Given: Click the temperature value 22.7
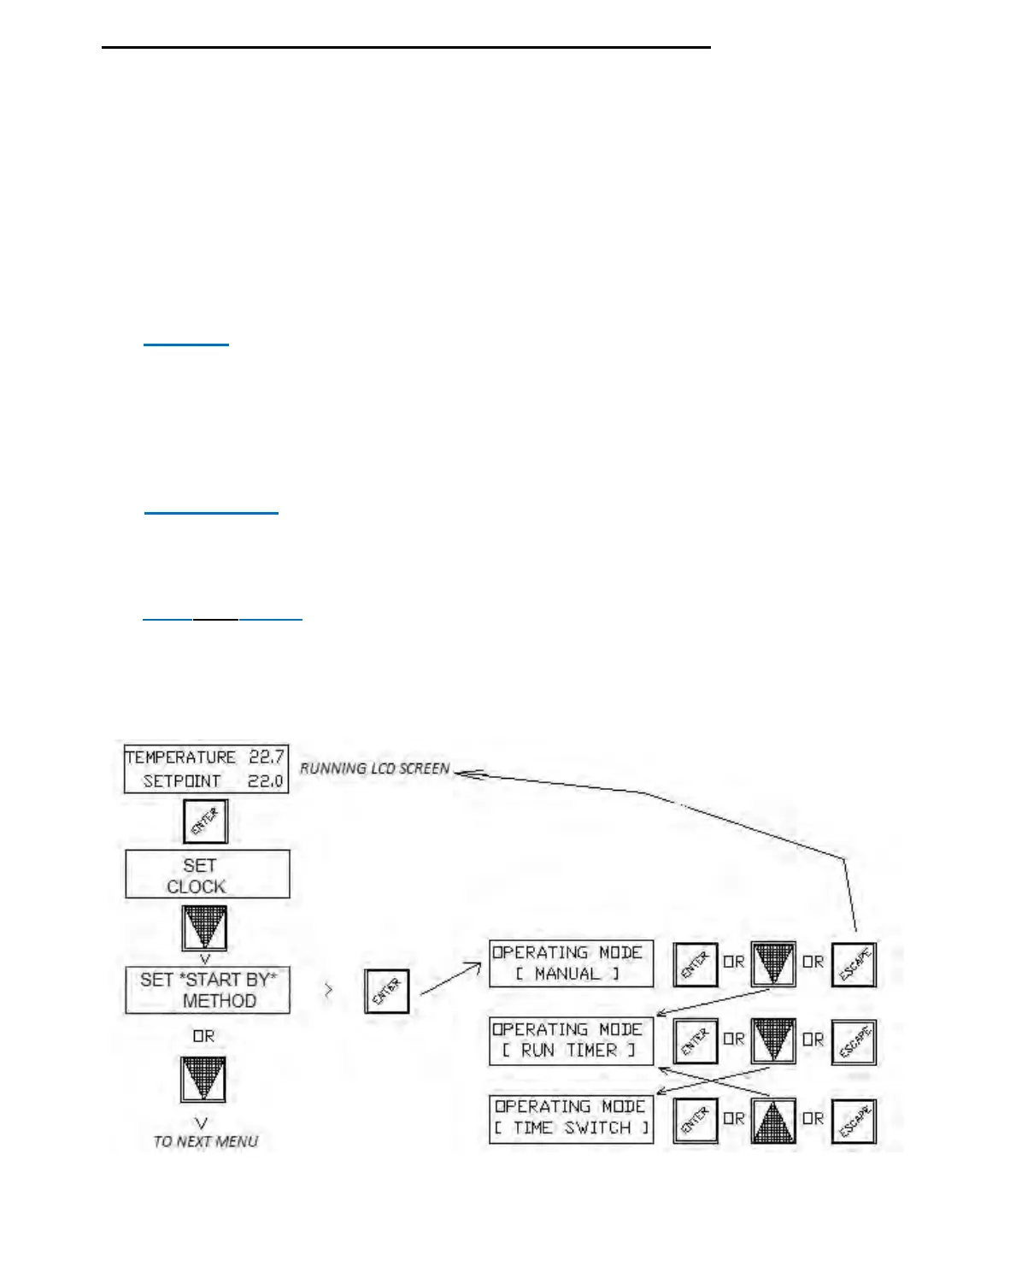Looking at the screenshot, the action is (266, 757).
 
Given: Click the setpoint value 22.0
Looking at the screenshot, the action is (266, 780).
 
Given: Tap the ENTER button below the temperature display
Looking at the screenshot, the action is (205, 822).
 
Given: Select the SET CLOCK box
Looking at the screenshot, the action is (208, 875).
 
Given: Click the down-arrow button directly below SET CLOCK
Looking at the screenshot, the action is (205, 928).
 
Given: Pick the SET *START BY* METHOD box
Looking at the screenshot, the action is (208, 990).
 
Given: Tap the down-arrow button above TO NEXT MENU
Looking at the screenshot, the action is (203, 1080).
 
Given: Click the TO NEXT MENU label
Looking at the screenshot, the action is (205, 1141).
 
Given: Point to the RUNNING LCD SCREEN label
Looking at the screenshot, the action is (374, 769).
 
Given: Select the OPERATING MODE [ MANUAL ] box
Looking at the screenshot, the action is (571, 963).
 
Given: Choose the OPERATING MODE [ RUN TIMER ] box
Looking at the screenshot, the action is (571, 1040).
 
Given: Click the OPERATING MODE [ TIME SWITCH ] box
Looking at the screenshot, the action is (571, 1118).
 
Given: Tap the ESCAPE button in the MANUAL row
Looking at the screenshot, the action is (854, 964).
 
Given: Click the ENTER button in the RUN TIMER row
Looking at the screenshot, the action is (695, 1041).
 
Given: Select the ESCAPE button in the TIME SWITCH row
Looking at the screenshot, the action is (854, 1120).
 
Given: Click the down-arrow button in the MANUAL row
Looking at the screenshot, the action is (773, 964).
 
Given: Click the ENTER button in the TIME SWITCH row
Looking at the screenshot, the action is (695, 1120).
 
